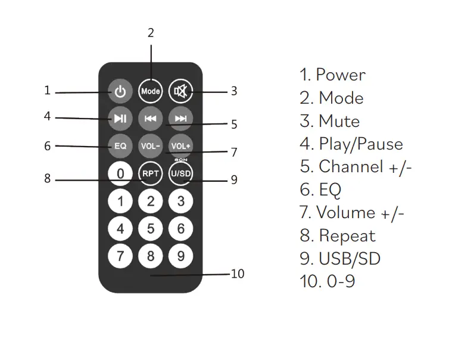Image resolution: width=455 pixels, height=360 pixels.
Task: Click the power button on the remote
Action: click(x=121, y=91)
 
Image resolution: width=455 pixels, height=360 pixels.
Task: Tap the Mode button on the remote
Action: click(x=151, y=91)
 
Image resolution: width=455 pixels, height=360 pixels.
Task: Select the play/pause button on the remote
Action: click(x=120, y=119)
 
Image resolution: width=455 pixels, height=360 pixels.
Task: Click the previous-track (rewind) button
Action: click(x=151, y=119)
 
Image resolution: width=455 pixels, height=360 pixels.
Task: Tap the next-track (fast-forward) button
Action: click(x=180, y=119)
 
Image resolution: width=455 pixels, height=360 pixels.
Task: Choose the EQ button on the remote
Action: click(x=120, y=145)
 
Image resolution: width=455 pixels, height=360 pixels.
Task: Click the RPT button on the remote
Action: click(x=151, y=173)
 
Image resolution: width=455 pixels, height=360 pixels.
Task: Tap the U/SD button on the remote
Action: click(x=180, y=173)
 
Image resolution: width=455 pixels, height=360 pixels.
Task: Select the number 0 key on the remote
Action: click(x=120, y=173)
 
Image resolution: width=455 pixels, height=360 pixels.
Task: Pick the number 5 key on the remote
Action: click(x=151, y=228)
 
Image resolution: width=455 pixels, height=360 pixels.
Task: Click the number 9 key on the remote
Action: click(x=180, y=256)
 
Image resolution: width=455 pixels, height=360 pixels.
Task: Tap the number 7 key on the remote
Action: click(x=120, y=256)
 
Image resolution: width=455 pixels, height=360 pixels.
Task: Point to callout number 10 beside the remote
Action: click(x=238, y=274)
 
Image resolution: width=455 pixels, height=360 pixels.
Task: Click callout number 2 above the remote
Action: click(x=151, y=33)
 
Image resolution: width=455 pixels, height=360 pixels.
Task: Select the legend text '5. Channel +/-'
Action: click(x=356, y=167)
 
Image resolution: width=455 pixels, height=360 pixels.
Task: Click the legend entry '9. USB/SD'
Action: click(x=340, y=258)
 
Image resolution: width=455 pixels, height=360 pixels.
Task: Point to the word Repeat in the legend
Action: click(x=347, y=235)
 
